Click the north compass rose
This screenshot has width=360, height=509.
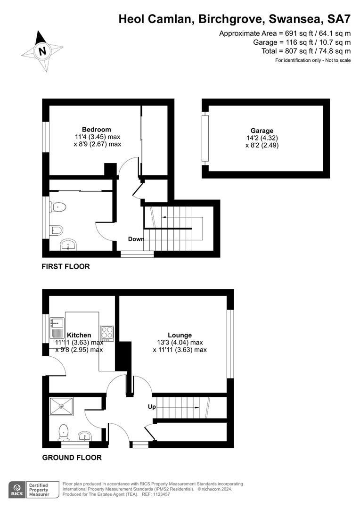[x=42, y=51]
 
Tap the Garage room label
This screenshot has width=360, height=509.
[x=262, y=131]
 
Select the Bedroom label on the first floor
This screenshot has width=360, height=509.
[x=97, y=130]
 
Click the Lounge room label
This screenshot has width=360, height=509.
[x=180, y=336]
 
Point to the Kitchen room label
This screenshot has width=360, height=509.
[x=79, y=335]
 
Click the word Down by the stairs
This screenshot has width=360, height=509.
[x=136, y=239]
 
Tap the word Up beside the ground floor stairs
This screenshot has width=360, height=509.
[x=152, y=406]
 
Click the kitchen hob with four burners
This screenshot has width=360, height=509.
[x=107, y=333]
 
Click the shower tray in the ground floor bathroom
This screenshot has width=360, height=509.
[x=61, y=406]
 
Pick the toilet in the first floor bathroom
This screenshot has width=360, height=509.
[x=58, y=206]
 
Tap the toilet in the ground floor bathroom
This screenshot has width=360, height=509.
[x=64, y=432]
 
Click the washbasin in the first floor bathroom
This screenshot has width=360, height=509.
[x=69, y=245]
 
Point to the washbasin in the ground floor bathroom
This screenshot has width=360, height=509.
[x=85, y=435]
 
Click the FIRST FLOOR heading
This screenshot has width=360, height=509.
[x=65, y=266]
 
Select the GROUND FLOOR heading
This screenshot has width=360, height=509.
[x=72, y=457]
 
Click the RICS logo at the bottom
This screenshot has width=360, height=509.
[x=18, y=490]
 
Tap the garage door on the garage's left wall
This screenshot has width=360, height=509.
[x=205, y=138]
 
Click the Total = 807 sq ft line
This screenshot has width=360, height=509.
[x=306, y=51]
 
